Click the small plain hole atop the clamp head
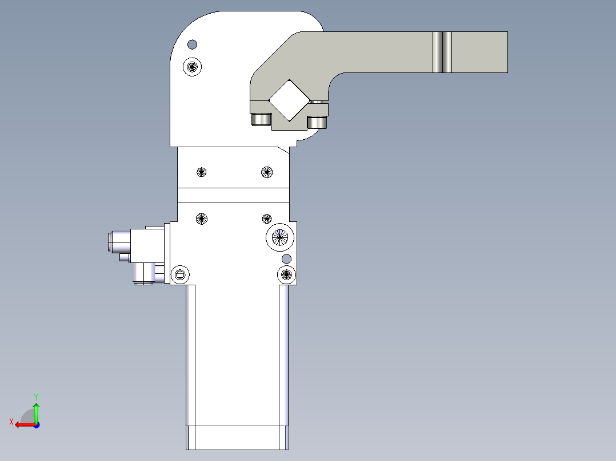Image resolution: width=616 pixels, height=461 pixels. tap(192, 45)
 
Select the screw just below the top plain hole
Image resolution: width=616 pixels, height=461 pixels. tap(192, 67)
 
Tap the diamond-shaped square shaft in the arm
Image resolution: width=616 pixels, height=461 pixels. tap(290, 100)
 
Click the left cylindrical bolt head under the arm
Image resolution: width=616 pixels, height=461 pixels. tap(261, 119)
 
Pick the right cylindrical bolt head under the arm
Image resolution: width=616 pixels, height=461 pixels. tap(317, 122)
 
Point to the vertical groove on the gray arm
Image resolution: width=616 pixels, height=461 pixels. tap(442, 52)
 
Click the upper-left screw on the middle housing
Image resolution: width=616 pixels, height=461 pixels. tap(202, 172)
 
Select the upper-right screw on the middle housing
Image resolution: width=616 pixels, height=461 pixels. tap(267, 172)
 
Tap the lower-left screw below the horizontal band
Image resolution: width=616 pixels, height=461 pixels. tap(202, 219)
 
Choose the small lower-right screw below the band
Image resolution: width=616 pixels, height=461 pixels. tap(267, 219)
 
